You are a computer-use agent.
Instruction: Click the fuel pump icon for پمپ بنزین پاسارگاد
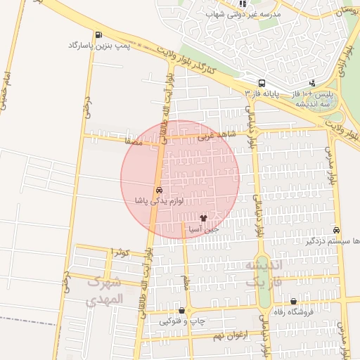point(97,34)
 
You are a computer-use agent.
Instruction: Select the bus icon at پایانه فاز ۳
point(262,82)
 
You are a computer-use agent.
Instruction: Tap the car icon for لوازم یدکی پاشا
point(160,191)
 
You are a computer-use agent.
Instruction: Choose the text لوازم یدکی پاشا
point(160,201)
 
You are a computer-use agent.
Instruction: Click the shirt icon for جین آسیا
point(203,219)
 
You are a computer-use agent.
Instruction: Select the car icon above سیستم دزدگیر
point(336,230)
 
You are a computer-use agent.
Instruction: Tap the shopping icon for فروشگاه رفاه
point(303,301)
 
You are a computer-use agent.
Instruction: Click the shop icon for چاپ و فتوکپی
point(182,310)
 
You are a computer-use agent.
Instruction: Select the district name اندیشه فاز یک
point(263,273)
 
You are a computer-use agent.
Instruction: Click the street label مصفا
point(132,141)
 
